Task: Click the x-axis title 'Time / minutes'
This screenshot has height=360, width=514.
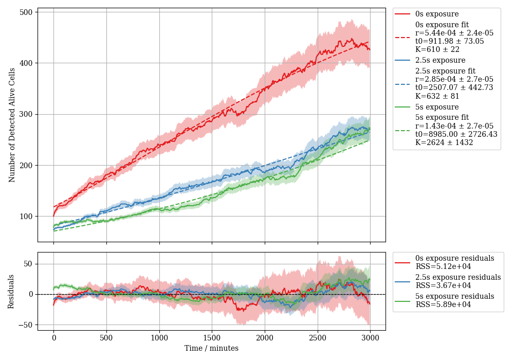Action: [211, 348]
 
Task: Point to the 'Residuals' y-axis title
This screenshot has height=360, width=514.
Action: [12, 292]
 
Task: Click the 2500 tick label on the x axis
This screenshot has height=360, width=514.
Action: [317, 338]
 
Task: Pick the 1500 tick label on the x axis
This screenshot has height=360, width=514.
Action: [212, 338]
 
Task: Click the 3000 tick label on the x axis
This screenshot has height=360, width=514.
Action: [370, 338]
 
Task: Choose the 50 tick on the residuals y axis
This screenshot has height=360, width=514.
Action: [28, 264]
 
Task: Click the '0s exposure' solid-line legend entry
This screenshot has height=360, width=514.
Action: [437, 14]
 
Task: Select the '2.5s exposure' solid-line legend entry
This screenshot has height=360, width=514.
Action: [440, 60]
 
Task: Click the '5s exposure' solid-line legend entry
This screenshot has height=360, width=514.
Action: [437, 107]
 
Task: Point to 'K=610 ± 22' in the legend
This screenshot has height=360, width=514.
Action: [437, 49]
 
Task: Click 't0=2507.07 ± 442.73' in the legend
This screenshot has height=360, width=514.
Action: [454, 87]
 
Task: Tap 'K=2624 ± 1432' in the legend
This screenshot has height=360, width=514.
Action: [444, 142]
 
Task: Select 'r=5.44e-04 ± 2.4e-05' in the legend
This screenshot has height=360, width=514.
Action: [454, 33]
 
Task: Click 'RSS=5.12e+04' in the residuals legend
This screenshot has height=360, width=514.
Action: [443, 266]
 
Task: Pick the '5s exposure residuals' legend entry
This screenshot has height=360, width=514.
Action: [455, 296]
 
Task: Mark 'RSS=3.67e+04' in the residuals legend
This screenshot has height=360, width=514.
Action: [443, 285]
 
